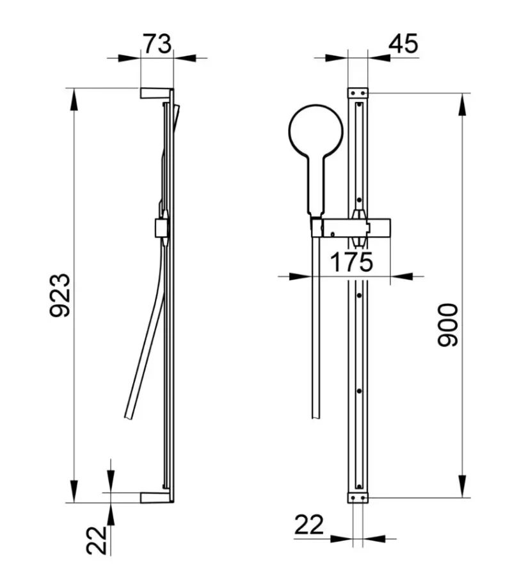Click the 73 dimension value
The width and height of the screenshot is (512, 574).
[x=157, y=44]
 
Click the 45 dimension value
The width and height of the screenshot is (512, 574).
[x=403, y=44]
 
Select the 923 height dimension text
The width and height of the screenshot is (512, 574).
[x=60, y=295]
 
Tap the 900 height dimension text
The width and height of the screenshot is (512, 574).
[x=447, y=325]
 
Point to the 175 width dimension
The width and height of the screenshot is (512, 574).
[x=351, y=262]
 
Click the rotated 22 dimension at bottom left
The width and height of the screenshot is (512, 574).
[x=96, y=540]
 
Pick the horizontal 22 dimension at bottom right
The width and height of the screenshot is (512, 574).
[x=309, y=525]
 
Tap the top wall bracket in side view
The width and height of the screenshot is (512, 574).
[x=156, y=93]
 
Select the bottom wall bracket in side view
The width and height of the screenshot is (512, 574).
[x=157, y=497]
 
